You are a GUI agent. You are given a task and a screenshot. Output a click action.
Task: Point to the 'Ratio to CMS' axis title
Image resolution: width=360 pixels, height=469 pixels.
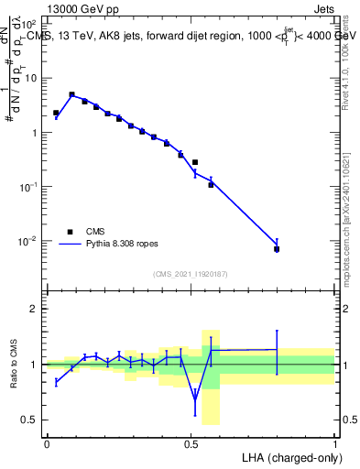tap(14, 365)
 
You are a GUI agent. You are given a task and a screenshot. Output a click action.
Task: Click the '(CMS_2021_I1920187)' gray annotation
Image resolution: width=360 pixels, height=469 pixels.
tap(191, 273)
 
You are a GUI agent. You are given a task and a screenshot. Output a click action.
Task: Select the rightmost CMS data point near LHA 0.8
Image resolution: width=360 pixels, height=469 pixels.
tap(277, 249)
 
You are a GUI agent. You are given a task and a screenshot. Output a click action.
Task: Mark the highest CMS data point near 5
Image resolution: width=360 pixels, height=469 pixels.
tap(71, 94)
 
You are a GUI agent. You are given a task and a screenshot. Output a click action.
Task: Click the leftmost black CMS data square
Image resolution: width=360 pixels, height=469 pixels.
tap(56, 113)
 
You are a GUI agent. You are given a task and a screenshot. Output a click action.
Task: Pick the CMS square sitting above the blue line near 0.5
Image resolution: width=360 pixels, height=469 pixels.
tap(194, 162)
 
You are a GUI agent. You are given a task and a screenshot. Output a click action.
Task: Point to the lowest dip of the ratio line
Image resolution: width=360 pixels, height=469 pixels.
tap(194, 399)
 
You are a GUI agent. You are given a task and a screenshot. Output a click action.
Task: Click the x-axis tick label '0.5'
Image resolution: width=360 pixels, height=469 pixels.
tap(191, 442)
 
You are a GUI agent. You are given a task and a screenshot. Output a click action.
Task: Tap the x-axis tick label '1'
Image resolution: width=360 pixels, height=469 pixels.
tap(335, 442)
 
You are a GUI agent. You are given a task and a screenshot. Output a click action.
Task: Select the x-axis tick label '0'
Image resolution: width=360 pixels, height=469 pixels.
tap(47, 442)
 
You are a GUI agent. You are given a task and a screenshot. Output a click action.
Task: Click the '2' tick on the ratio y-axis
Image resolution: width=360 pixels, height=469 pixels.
tap(34, 309)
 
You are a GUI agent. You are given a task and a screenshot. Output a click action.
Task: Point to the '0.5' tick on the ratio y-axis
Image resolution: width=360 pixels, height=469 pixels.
tap(29, 420)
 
